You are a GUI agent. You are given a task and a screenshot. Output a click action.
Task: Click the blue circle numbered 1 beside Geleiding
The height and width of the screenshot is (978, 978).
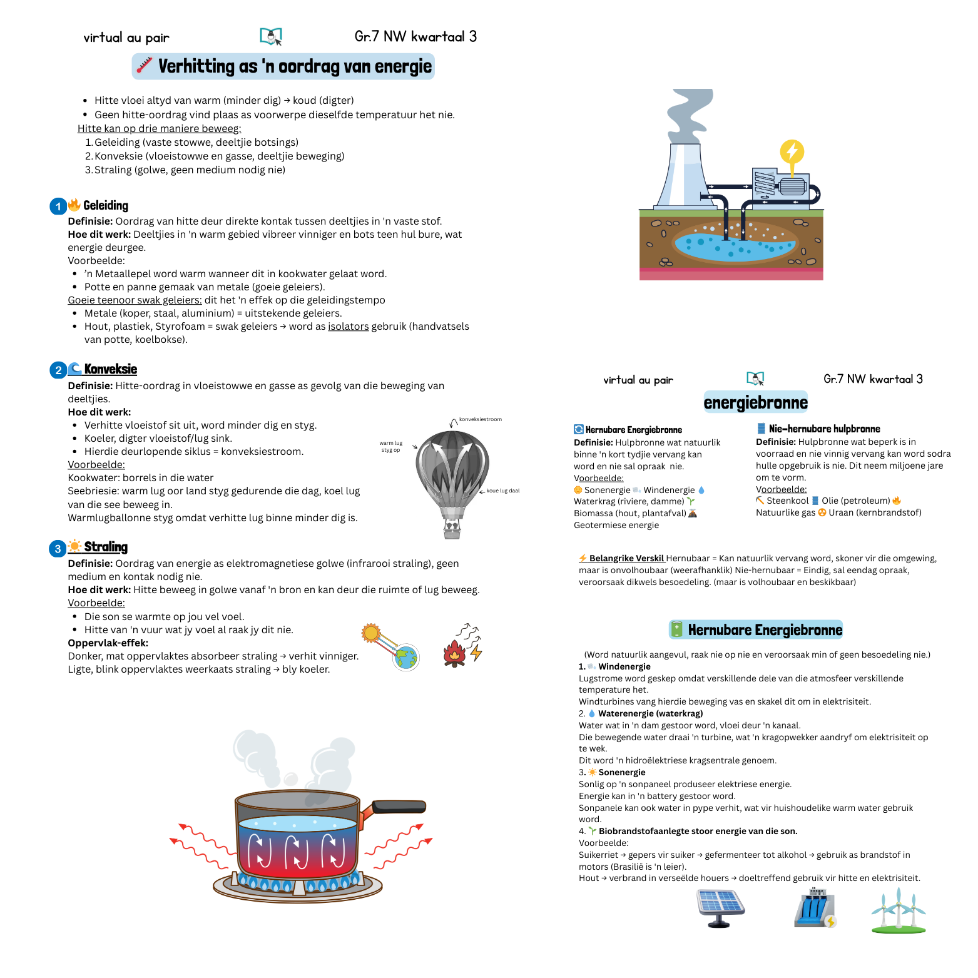(58, 206)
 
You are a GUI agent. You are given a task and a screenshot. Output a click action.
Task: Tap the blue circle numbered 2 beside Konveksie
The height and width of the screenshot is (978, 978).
(58, 370)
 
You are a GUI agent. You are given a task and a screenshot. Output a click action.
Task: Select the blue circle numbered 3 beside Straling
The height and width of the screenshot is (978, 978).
(58, 549)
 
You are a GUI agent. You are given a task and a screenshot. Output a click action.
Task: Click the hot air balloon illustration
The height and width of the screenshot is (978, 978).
(452, 476)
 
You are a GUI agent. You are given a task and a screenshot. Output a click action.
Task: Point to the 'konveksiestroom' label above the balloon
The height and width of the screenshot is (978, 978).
(480, 419)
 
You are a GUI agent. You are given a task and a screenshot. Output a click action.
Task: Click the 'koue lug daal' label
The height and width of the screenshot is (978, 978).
(503, 491)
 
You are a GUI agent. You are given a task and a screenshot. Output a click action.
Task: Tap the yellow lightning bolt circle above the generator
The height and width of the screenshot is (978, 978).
(792, 151)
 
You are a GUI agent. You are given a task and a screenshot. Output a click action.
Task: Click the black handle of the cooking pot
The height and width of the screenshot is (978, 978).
(400, 806)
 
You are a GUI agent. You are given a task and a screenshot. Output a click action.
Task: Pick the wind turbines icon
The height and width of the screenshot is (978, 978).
(899, 910)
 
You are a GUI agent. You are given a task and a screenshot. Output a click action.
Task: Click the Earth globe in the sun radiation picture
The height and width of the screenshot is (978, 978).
(406, 657)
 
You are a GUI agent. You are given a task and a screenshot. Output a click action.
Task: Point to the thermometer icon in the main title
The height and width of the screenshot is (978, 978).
(145, 66)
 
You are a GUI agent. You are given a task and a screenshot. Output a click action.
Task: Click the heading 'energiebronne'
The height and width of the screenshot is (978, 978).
(755, 402)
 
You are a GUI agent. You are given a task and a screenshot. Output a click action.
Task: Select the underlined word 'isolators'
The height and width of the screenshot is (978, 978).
(348, 326)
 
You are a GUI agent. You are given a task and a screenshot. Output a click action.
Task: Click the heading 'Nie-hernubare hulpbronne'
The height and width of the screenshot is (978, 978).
(824, 429)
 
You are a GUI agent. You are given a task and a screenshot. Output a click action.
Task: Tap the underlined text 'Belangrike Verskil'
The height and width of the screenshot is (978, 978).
(626, 558)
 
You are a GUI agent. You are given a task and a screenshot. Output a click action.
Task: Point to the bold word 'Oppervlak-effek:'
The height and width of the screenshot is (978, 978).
(108, 643)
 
